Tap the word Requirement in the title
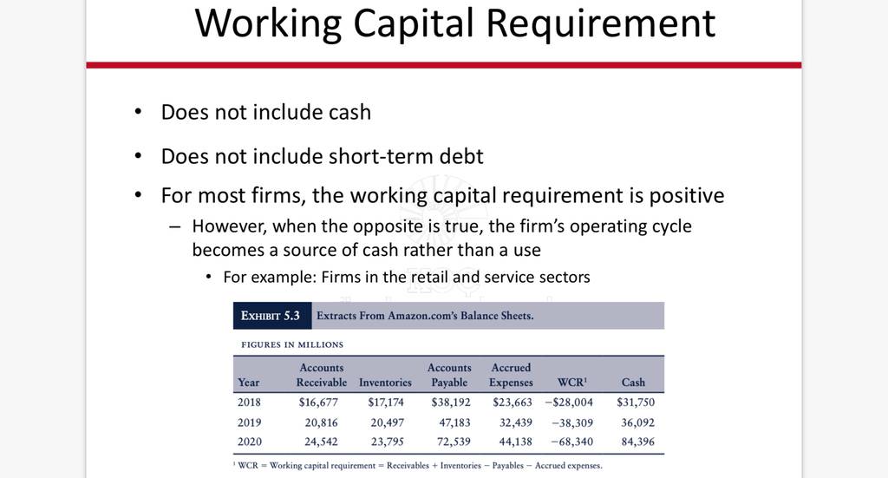click(601, 23)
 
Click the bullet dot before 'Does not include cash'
click(138, 112)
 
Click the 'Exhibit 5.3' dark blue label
click(271, 316)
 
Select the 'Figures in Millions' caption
click(292, 344)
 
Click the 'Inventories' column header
click(385, 383)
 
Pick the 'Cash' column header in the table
click(633, 383)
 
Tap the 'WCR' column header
click(572, 383)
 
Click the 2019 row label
click(249, 422)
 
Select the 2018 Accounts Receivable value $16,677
click(318, 403)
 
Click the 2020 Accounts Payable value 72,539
click(454, 442)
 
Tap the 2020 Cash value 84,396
click(637, 442)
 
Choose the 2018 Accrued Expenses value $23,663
click(513, 403)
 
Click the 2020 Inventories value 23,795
click(388, 442)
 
